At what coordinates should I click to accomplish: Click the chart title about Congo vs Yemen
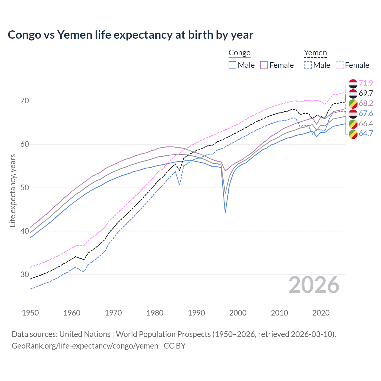pyautogui.click(x=130, y=35)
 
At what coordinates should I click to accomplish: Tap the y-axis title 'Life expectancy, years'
pyautogui.click(x=13, y=190)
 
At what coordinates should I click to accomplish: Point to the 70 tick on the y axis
pyautogui.click(x=25, y=101)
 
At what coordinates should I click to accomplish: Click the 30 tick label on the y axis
pyautogui.click(x=25, y=274)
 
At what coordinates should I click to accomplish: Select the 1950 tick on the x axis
pyautogui.click(x=30, y=313)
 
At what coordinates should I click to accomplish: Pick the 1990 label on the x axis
pyautogui.click(x=196, y=313)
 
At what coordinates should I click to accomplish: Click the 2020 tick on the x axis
pyautogui.click(x=321, y=313)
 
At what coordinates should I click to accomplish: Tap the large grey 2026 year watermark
pyautogui.click(x=314, y=285)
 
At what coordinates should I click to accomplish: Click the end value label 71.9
pyautogui.click(x=366, y=83)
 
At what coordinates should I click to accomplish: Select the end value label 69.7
pyautogui.click(x=366, y=93)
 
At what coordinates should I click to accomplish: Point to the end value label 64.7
pyautogui.click(x=366, y=133)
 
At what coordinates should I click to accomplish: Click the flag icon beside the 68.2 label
pyautogui.click(x=353, y=104)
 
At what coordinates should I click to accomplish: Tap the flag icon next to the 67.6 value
pyautogui.click(x=353, y=114)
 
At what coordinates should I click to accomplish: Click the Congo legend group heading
pyautogui.click(x=239, y=53)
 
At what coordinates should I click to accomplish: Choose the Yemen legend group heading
pyautogui.click(x=315, y=53)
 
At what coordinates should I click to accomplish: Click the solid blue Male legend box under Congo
pyautogui.click(x=232, y=65)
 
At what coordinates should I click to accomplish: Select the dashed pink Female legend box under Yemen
pyautogui.click(x=340, y=65)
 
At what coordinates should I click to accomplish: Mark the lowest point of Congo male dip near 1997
pyautogui.click(x=225, y=213)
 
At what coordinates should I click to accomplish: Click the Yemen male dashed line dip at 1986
pyautogui.click(x=179, y=185)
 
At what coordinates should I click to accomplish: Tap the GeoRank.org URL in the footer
pyautogui.click(x=85, y=346)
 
